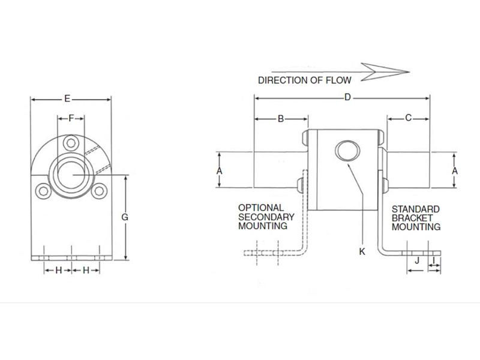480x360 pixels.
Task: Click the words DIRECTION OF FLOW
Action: [304, 79]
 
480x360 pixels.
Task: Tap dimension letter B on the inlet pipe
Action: [280, 119]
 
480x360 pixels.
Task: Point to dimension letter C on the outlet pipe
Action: [408, 118]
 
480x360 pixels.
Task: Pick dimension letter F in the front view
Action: [71, 118]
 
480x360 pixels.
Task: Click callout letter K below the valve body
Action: [362, 252]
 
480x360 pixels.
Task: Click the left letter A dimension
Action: [220, 171]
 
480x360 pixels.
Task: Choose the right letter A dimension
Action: [455, 171]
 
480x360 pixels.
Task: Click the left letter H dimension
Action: [58, 271]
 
